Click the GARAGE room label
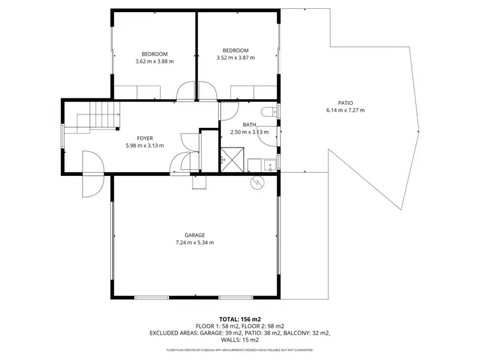195,235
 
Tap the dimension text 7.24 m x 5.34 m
195,243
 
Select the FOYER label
145,138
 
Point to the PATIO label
346,103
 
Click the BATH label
249,125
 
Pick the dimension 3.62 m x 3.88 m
154,61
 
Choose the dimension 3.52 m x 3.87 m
236,58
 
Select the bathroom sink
270,165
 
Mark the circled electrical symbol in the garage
257,182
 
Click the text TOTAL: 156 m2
239,318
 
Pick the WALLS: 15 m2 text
239,340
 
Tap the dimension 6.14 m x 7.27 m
346,111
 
